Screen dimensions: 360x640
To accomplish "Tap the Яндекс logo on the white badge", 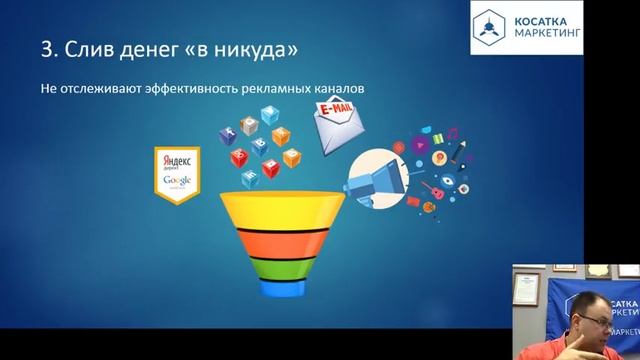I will [x=173, y=161].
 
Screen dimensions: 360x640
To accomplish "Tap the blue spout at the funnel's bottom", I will [x=274, y=288].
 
